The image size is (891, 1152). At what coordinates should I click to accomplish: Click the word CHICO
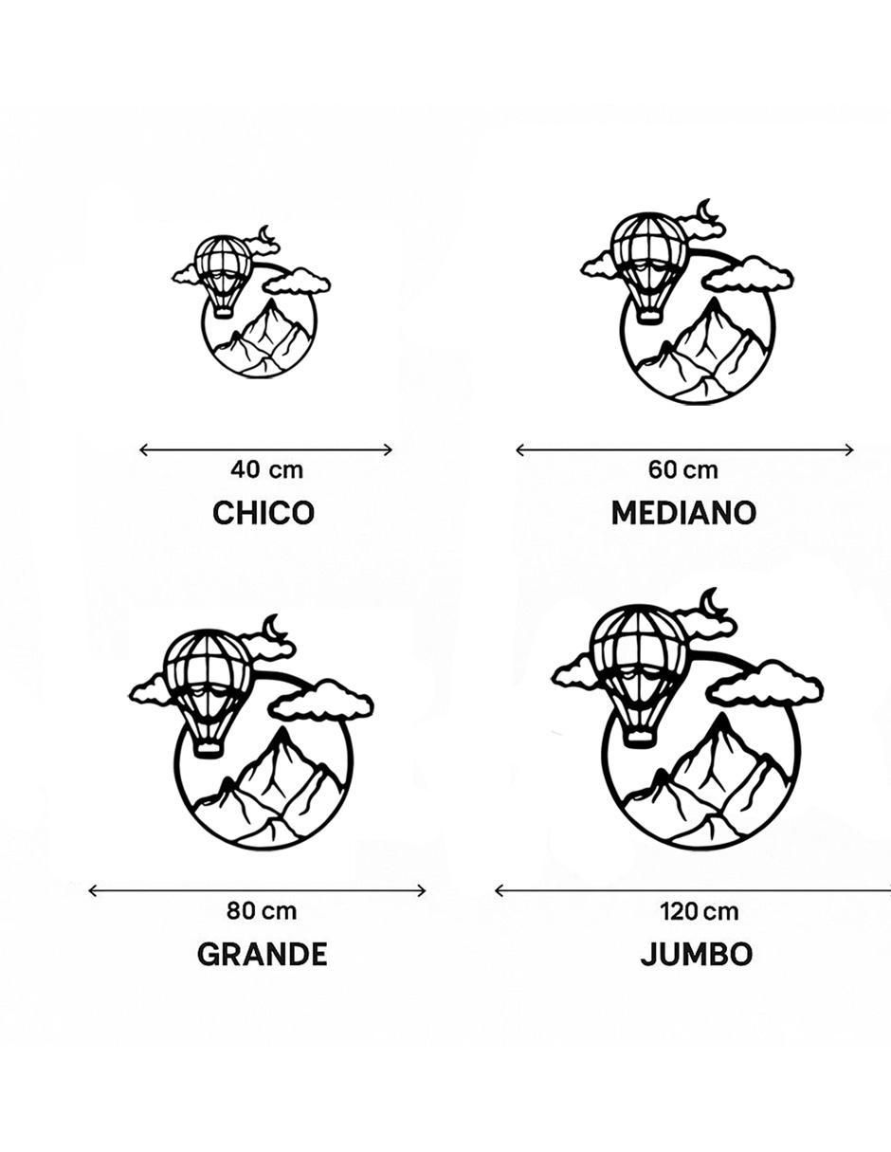point(264,513)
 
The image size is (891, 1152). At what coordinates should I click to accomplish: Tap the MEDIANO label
point(683,513)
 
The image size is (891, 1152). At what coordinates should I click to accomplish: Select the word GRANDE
point(262,954)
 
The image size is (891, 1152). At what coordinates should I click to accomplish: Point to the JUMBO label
point(696,954)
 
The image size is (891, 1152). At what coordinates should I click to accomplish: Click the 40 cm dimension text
point(266,469)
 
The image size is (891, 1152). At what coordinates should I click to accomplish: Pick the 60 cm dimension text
point(683,469)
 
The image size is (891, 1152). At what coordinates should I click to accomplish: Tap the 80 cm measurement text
point(262,911)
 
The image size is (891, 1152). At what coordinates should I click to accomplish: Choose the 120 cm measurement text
point(699,911)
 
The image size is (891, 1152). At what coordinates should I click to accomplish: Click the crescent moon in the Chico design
point(265,233)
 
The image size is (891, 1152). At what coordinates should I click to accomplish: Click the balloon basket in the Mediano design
point(650,317)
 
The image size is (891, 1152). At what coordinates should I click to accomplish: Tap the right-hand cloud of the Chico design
point(298,281)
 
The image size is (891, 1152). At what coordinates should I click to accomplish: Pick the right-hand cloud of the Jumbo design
point(767,687)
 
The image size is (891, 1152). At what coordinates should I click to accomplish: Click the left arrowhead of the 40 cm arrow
point(142,450)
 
